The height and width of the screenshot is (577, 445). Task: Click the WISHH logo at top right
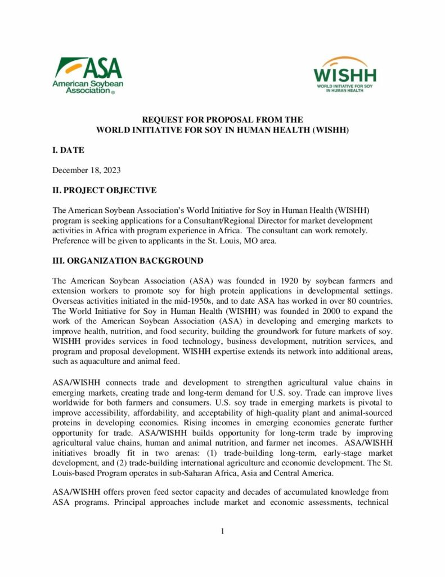(x=345, y=74)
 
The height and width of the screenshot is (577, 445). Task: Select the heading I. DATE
(x=68, y=150)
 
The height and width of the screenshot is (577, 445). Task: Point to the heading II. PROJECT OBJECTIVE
(x=104, y=190)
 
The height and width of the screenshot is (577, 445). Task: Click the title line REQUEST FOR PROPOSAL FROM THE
(x=222, y=120)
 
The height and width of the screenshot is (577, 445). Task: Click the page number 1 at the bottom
(x=223, y=531)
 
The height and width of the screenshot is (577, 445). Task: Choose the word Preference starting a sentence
(x=71, y=240)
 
